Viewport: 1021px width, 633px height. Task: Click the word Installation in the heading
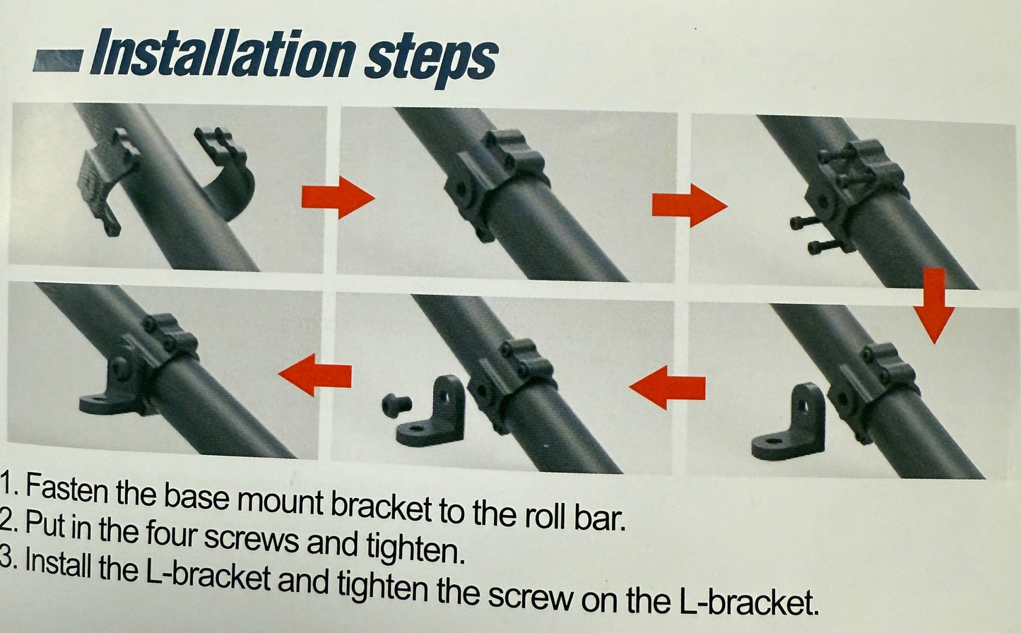[223, 54]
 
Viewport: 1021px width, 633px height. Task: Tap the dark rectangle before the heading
[59, 61]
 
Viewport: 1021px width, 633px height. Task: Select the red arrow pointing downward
[934, 305]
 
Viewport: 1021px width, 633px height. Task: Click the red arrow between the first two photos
[338, 198]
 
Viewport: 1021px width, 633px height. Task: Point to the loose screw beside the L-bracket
[396, 405]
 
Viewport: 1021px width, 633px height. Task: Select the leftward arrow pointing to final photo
[315, 375]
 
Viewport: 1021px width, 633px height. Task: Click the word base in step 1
[196, 495]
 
